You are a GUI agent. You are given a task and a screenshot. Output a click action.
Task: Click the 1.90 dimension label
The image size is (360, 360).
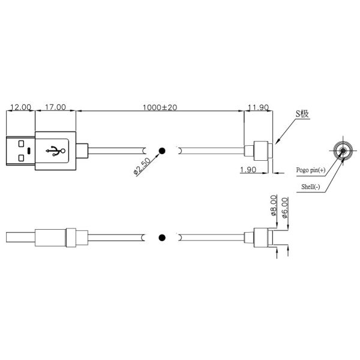point(249,170)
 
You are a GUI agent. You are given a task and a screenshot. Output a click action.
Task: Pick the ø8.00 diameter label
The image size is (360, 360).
point(274,205)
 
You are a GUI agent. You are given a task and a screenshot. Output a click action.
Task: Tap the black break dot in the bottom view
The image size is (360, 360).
point(162,237)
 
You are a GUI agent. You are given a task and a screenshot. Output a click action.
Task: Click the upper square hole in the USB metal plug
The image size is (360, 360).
point(22,144)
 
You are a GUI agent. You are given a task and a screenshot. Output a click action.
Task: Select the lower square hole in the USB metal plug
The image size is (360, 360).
point(22,157)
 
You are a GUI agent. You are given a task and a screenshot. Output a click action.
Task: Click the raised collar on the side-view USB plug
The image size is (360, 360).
point(71,237)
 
